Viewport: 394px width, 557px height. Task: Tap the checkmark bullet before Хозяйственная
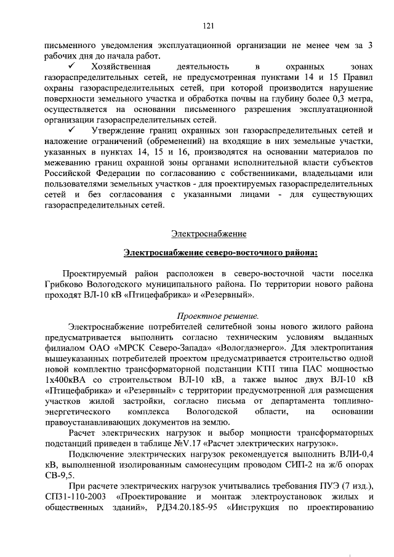73,65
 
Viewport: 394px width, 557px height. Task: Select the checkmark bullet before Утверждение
73,130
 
